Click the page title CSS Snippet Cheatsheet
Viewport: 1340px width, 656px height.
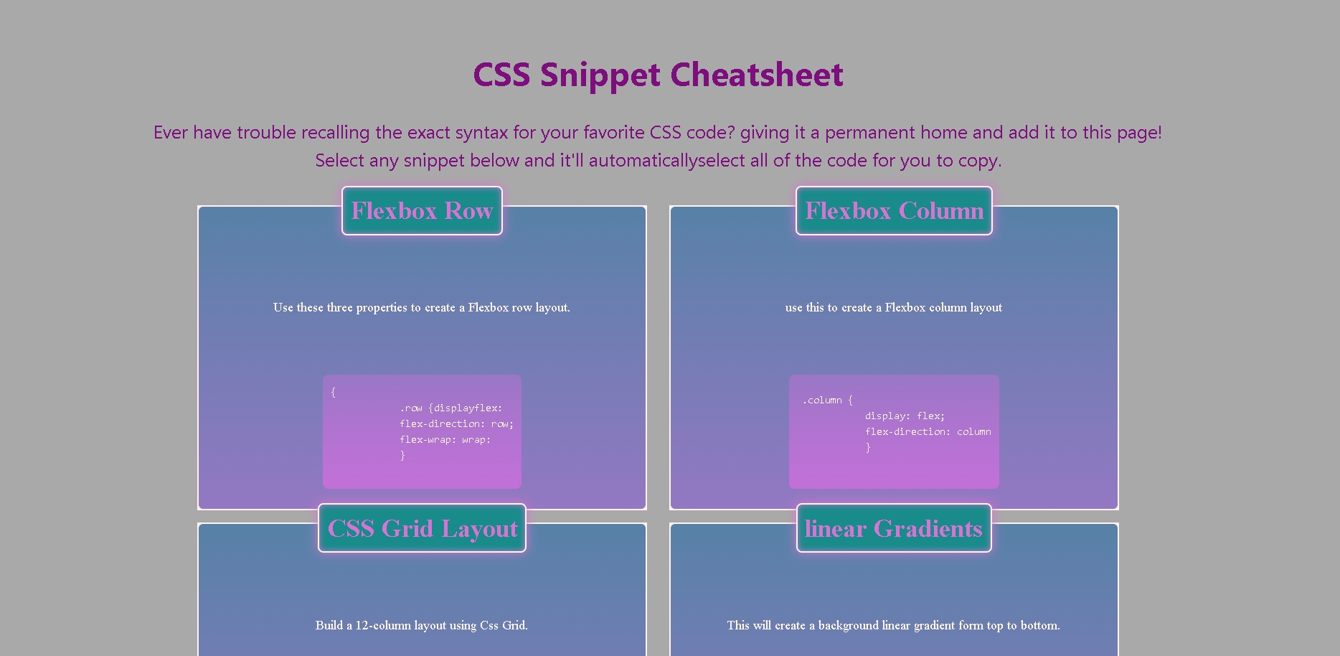click(658, 75)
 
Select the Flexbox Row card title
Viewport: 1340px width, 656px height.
click(422, 211)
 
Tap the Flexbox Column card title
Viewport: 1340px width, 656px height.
click(894, 211)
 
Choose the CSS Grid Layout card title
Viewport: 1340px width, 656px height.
click(422, 529)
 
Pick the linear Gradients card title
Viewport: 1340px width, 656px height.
click(894, 529)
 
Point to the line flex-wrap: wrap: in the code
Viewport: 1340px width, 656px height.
click(445, 439)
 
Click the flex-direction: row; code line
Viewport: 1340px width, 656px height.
click(456, 423)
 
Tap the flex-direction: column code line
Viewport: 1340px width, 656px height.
click(928, 431)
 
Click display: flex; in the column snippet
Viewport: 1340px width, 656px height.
click(905, 416)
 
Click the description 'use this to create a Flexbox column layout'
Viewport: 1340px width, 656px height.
click(893, 307)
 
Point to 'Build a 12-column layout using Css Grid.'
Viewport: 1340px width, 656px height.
click(421, 625)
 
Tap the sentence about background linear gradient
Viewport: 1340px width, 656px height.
click(893, 625)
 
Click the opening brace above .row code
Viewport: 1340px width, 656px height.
click(333, 392)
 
